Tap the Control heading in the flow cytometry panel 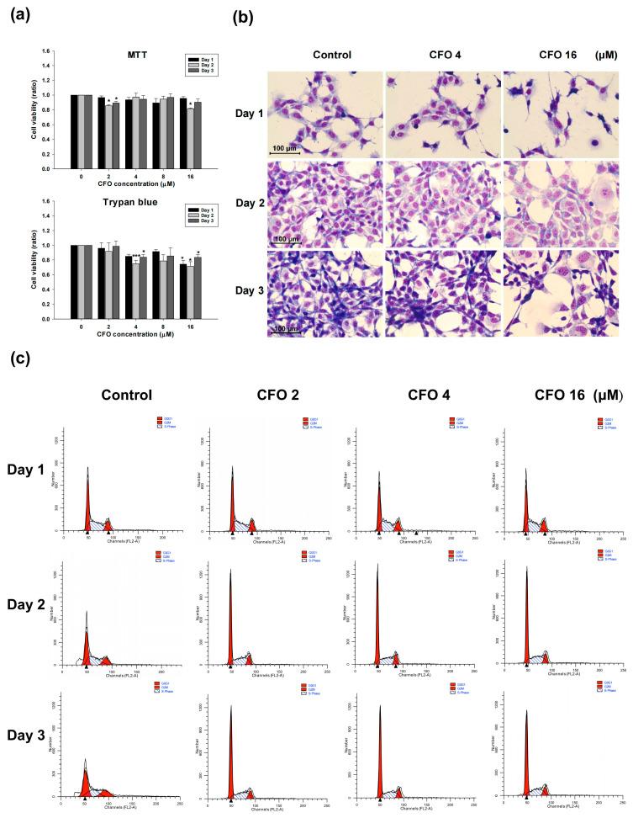(126, 396)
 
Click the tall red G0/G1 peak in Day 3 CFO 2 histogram (231, 749)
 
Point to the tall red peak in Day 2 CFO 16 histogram (526, 623)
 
